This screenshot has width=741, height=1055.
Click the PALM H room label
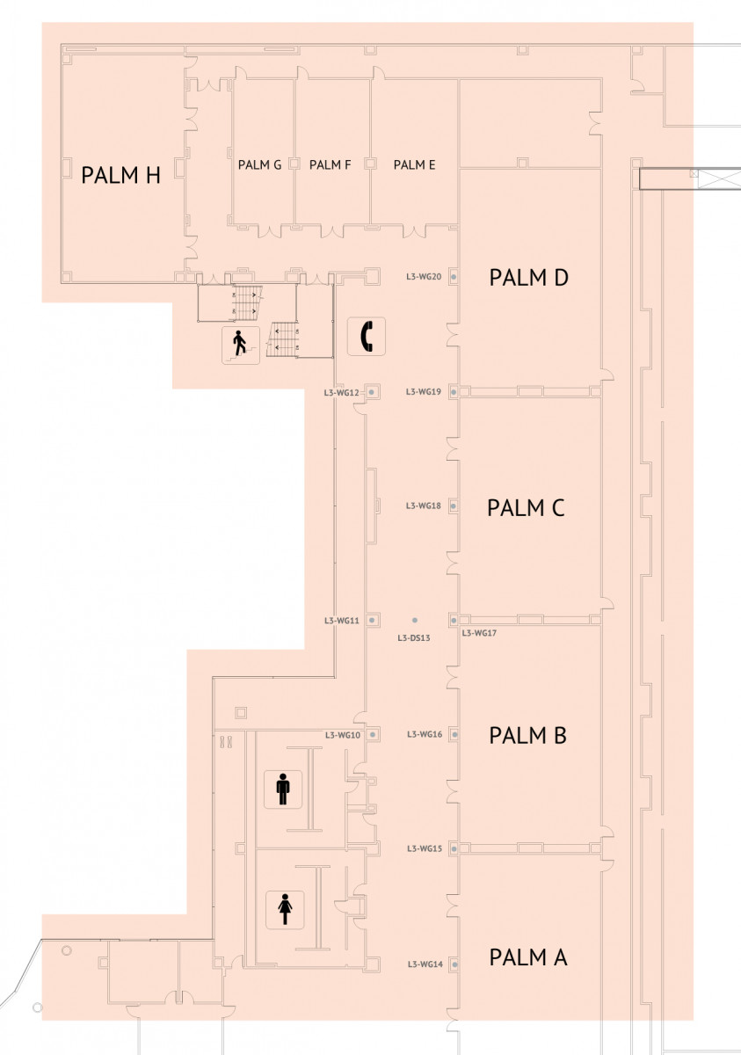120,175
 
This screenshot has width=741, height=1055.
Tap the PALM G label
259,165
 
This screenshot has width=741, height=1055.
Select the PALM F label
330,165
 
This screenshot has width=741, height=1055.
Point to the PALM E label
414,165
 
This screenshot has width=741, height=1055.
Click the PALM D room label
528,278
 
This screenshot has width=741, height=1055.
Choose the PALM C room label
526,508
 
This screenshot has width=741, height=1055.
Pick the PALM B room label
527,736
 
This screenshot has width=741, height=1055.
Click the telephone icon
367,336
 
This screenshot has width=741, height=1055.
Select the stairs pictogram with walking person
241,346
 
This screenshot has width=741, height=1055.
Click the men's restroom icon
283,789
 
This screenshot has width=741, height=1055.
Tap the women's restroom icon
285,910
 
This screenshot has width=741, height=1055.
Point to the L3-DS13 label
414,638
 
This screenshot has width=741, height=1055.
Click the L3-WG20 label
424,276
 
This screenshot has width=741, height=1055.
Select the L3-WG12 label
341,392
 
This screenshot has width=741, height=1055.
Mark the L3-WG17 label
479,633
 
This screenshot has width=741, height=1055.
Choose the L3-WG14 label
425,964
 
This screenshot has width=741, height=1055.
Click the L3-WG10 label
343,735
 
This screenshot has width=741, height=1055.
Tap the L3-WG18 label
424,506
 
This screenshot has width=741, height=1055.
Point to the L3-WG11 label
341,621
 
